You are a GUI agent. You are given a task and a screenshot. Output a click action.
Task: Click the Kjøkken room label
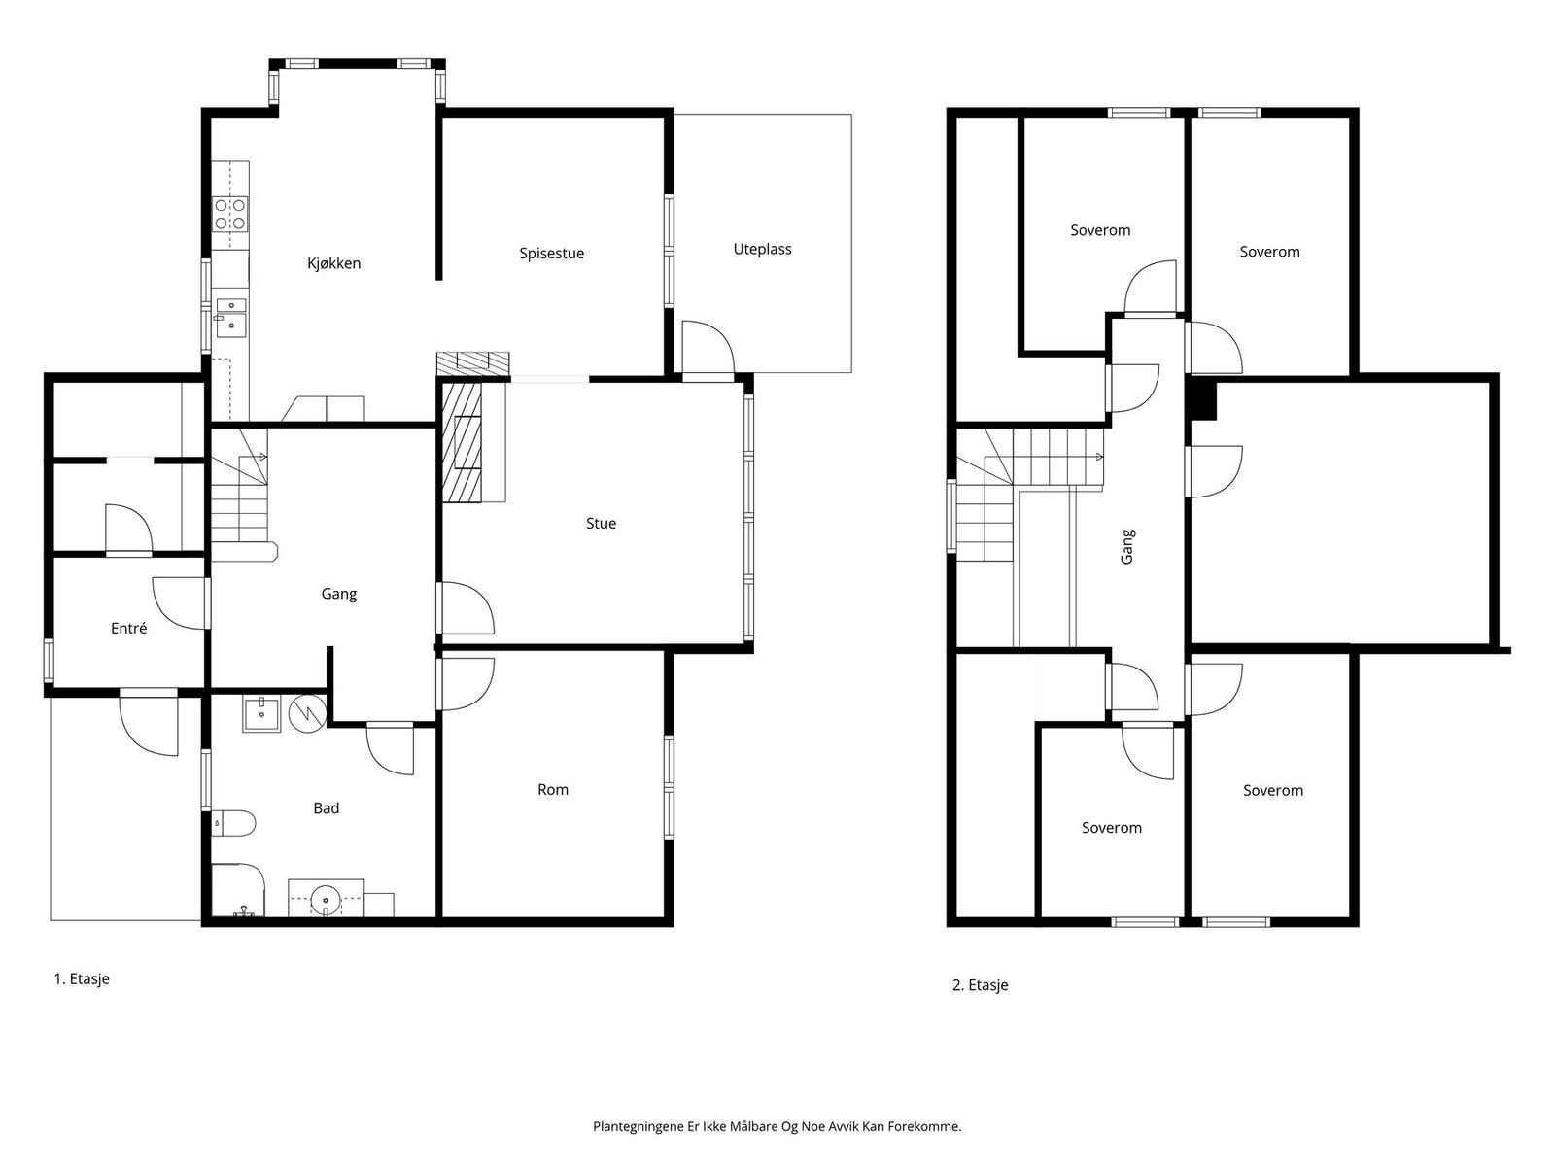tap(333, 263)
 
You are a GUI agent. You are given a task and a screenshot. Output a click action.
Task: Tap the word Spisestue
tap(551, 254)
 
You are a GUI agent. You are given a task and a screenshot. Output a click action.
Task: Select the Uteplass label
tap(762, 249)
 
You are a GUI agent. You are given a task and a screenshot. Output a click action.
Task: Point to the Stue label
tap(601, 523)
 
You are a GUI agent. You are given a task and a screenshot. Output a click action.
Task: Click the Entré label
tap(129, 628)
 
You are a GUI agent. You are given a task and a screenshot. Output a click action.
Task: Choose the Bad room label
tap(326, 807)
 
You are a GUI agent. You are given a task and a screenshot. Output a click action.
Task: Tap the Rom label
tap(553, 789)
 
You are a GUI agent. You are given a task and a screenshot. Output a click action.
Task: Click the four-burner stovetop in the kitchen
tap(230, 214)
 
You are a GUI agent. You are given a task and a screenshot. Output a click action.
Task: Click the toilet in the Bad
tap(233, 823)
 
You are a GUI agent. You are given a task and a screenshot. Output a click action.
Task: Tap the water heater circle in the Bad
tap(307, 713)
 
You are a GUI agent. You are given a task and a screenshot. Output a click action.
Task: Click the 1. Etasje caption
tap(82, 979)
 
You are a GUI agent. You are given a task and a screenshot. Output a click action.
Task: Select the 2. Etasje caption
tap(980, 984)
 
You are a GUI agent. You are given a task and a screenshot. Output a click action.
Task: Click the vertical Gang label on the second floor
tap(1127, 546)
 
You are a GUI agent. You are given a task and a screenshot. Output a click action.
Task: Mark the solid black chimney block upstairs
tap(1203, 398)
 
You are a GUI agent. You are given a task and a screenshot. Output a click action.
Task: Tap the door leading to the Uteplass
tap(708, 347)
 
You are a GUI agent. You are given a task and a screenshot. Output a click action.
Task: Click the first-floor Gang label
tap(338, 594)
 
